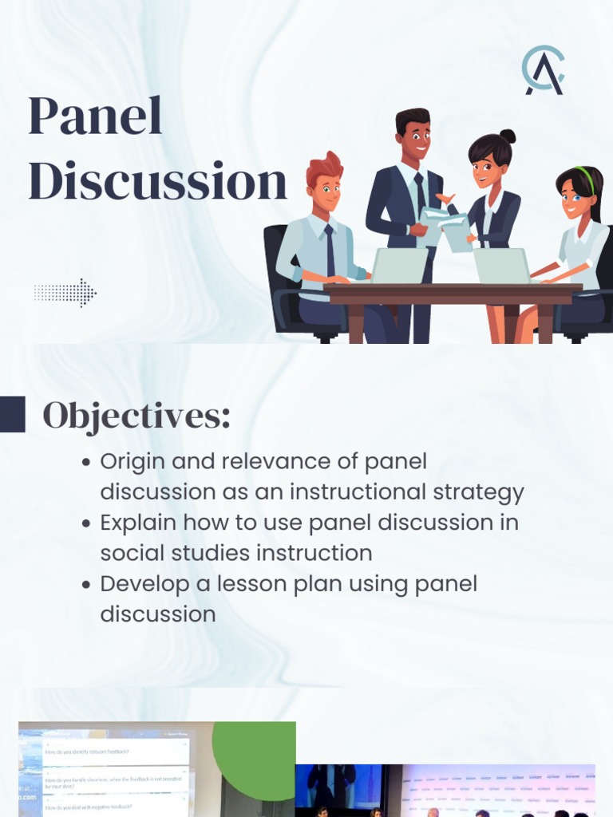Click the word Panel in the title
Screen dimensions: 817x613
tap(95, 116)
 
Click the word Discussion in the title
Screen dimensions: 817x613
tap(157, 182)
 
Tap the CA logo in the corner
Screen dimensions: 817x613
tap(544, 71)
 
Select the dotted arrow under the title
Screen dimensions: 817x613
tap(65, 293)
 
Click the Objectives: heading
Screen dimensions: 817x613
tap(136, 416)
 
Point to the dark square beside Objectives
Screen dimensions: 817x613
tap(12, 414)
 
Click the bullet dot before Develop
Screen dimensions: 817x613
tap(86, 585)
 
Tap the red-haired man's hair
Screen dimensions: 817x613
tap(324, 168)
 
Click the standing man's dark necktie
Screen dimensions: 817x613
tap(420, 195)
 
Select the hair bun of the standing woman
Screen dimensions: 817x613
tap(508, 136)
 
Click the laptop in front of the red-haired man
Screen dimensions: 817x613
tap(399, 266)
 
